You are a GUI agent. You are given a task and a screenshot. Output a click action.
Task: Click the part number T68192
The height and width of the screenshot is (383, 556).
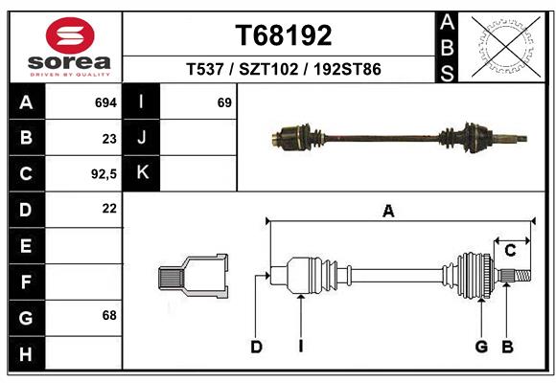(x=284, y=35)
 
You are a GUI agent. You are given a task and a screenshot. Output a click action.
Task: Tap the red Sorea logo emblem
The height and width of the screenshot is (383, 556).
(x=70, y=37)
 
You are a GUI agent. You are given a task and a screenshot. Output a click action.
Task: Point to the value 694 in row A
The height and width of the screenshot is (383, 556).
(x=105, y=101)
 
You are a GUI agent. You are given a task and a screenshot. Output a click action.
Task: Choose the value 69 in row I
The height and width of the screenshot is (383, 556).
(x=224, y=101)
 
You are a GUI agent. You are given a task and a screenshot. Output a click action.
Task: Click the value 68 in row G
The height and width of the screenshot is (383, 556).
(x=108, y=315)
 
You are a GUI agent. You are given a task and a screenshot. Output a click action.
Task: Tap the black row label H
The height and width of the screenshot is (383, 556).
(x=26, y=355)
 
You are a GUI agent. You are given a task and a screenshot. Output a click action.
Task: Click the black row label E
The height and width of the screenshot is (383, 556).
(x=26, y=246)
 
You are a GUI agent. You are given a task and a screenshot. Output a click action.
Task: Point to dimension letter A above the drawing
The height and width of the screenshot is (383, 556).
(x=388, y=212)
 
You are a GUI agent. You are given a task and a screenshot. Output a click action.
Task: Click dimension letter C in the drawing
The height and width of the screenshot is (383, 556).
(x=511, y=251)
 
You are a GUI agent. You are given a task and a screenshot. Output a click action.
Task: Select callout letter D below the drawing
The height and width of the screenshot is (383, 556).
(x=257, y=347)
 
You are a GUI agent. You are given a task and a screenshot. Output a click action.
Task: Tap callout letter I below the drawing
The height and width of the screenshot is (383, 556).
(x=300, y=347)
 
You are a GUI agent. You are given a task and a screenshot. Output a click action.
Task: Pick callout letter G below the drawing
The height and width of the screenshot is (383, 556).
(x=481, y=347)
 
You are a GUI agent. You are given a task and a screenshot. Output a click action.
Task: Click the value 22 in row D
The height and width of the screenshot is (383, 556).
(x=109, y=208)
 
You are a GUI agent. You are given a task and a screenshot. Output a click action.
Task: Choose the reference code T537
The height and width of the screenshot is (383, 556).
(x=204, y=70)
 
